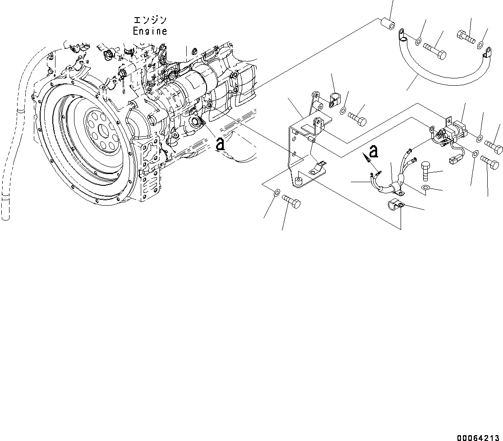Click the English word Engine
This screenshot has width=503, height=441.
(x=150, y=31)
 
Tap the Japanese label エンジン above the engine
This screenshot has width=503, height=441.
(x=150, y=20)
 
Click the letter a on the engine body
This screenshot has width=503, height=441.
(x=220, y=144)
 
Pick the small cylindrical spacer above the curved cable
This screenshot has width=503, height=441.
(x=387, y=23)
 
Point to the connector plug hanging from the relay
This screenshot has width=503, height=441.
(x=453, y=160)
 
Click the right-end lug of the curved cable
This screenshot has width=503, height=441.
(x=486, y=55)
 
